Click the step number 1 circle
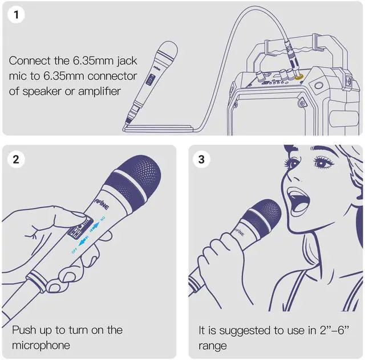17,15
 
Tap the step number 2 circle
17,159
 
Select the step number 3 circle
201,159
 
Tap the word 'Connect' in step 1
29,60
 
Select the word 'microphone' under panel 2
41,345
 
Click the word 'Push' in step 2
24,330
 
